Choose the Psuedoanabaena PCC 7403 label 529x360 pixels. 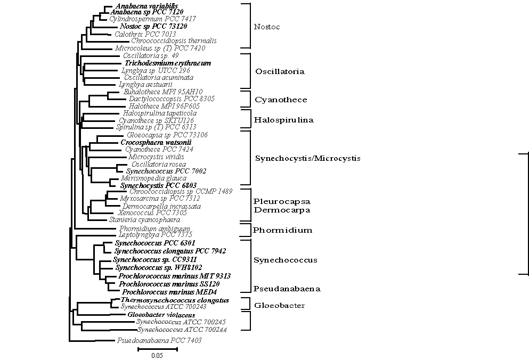[159, 340]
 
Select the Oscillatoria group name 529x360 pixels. [280, 71]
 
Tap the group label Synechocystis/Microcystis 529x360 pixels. [308, 158]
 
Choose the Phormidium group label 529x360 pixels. [282, 231]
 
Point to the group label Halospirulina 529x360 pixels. [283, 120]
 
